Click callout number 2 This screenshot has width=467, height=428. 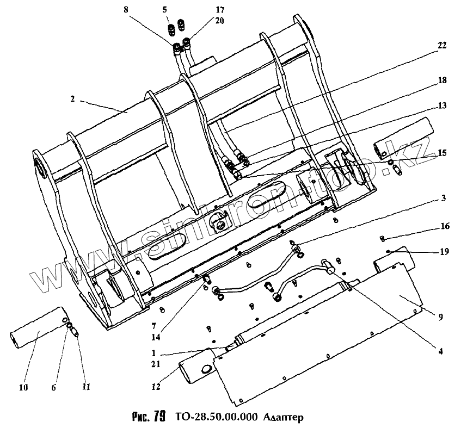click(72, 100)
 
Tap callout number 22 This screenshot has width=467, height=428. click(441, 46)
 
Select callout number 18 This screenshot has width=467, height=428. click(441, 80)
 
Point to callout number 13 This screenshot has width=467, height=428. click(441, 106)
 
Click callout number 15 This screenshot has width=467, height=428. click(441, 153)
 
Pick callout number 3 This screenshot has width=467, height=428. click(444, 199)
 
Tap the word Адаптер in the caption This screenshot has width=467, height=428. click(282, 417)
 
